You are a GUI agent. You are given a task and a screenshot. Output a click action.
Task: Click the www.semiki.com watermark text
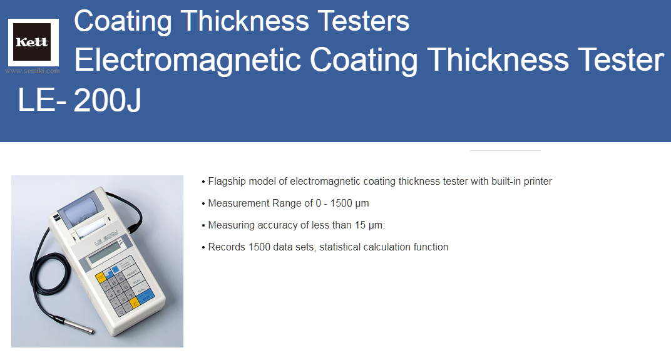[x=33, y=71]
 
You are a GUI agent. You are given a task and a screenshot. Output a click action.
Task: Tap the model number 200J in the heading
[x=108, y=101]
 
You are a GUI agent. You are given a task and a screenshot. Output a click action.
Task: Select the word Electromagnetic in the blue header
[x=188, y=60]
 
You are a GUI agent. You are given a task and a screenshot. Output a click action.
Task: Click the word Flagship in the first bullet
[x=227, y=182]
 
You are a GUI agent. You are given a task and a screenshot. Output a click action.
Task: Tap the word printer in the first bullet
[x=538, y=182]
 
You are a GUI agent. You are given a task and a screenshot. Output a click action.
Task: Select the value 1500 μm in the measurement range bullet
[x=349, y=203]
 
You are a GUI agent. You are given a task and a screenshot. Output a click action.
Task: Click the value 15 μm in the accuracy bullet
[x=370, y=225]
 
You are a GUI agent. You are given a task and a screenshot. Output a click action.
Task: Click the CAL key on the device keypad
[x=141, y=290]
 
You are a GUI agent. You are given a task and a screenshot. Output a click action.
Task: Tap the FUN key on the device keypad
[x=136, y=282]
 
